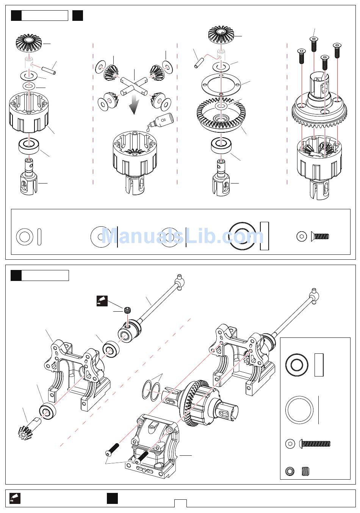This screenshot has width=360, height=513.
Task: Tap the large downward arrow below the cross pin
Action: (x=133, y=104)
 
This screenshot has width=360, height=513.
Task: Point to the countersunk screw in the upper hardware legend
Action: (x=320, y=236)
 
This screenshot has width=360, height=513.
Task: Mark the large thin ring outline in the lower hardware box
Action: (x=299, y=410)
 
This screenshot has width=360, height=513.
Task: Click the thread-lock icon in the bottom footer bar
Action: (x=16, y=498)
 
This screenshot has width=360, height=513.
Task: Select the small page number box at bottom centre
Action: (x=180, y=503)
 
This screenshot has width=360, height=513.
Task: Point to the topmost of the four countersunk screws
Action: (x=313, y=44)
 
